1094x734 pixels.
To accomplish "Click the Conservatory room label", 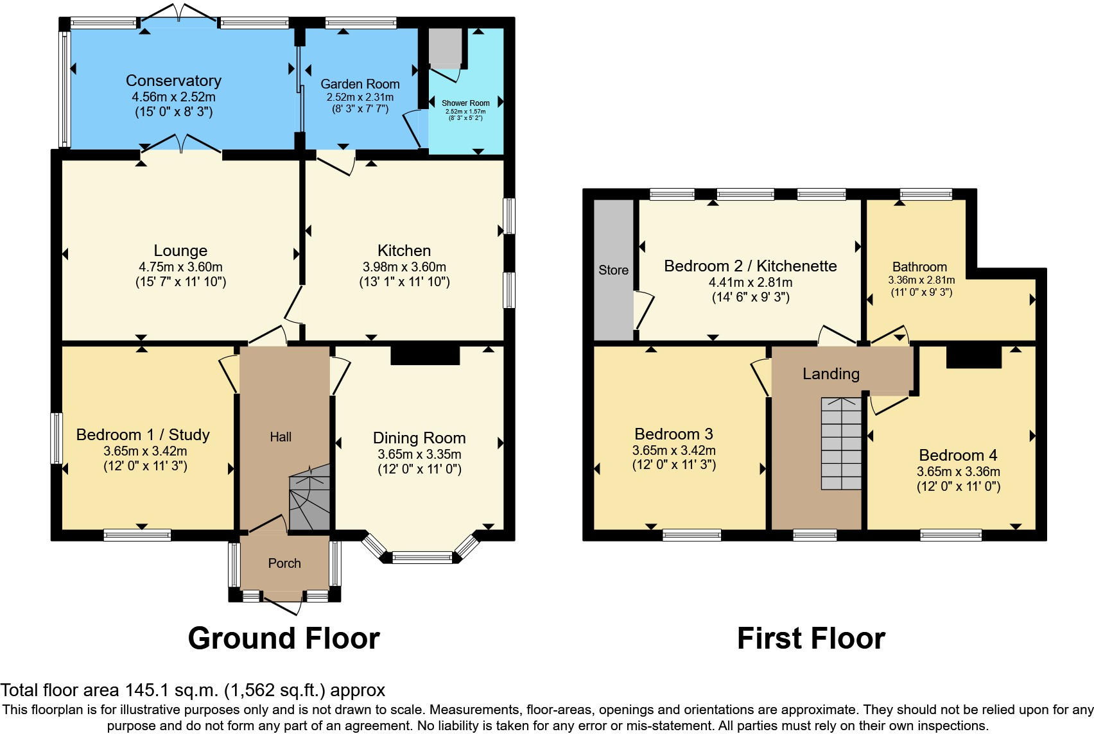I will pos(173,81).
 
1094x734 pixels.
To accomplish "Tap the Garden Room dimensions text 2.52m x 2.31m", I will pos(360,98).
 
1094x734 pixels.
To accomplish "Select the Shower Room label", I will pos(465,103).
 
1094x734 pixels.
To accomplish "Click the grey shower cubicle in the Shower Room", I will pos(446,47).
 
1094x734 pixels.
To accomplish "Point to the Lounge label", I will pos(180,251).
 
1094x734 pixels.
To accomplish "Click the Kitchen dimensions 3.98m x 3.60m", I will pos(404,267).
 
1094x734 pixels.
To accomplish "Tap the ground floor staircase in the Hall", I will pos(309,498).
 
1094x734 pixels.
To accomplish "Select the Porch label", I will pos(284,563).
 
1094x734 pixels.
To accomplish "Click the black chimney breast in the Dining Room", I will pos(425,355).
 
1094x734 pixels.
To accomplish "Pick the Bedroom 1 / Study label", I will pos(143,435).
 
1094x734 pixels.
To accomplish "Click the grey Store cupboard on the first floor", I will pos(613,270).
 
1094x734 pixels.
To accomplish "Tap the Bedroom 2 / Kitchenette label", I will pos(750,266).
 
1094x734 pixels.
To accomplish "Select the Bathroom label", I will pos(919,267).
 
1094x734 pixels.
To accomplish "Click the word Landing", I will pos(831,374).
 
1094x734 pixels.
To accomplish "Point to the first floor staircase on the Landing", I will pos(841,443).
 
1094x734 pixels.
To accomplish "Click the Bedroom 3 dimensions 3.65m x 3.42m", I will pos(673,450).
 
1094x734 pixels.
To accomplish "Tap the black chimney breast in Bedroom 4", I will pos(973,357).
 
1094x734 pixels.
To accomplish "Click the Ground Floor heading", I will pos(283,638).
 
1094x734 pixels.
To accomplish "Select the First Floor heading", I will pos(811,638).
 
